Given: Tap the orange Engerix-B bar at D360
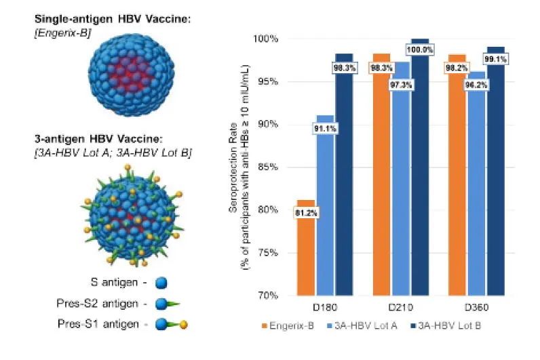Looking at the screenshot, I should [458, 183].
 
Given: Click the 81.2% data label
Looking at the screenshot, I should [306, 212].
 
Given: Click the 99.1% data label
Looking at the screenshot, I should [496, 58].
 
